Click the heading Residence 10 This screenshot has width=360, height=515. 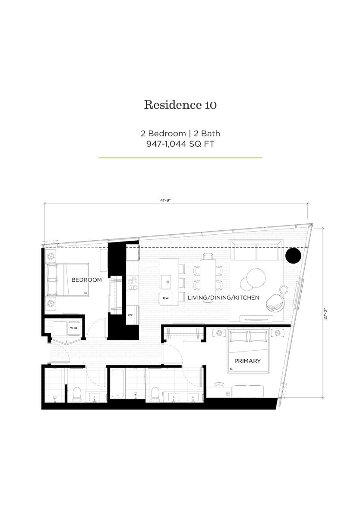point(180,104)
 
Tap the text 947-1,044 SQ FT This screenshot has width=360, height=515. point(180,144)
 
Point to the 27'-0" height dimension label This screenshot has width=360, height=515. point(325,313)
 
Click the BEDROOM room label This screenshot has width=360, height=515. point(86,280)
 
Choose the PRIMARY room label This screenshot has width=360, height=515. point(247,361)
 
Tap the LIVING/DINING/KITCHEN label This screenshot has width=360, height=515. point(223,298)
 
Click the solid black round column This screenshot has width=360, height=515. point(293,255)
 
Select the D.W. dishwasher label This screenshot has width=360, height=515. point(166,298)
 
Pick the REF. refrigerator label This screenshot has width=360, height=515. point(130,315)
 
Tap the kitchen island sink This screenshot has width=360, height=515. point(167,282)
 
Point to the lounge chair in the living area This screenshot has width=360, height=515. point(275,302)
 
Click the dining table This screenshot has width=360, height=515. point(208,277)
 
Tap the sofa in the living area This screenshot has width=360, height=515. point(256,250)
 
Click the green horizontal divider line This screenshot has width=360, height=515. point(180,158)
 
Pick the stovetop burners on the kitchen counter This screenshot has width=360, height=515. point(133,283)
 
